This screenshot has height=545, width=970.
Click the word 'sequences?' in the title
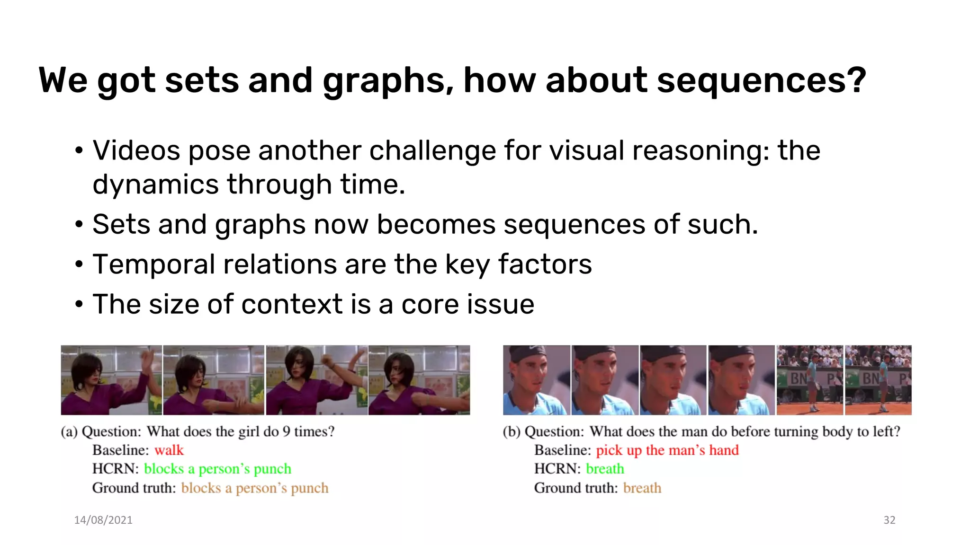[x=762, y=80]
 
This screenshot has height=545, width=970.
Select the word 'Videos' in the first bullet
[x=136, y=151]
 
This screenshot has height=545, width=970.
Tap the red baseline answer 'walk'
[x=169, y=450]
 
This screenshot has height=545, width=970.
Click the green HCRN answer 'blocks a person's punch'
[x=217, y=469]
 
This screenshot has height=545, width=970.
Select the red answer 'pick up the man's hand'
[x=667, y=450]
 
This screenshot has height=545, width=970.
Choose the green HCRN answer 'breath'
[x=605, y=469]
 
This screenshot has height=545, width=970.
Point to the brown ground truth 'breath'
[x=642, y=488]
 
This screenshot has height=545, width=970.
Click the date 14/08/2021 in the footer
[x=103, y=520]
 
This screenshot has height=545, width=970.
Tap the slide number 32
[x=889, y=520]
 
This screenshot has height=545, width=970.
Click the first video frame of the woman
[x=111, y=380]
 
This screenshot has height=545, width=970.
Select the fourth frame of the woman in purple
[x=419, y=380]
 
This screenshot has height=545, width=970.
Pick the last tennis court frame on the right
[x=878, y=380]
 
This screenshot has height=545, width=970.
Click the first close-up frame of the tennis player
[x=537, y=380]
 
